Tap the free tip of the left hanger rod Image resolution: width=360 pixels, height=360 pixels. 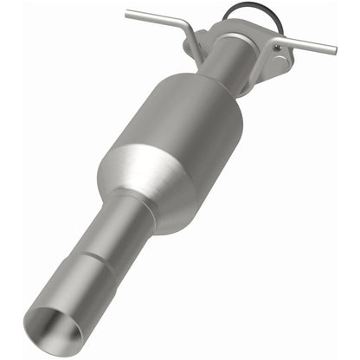pos(126,13)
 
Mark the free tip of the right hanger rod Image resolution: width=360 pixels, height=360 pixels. pos(334,49)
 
